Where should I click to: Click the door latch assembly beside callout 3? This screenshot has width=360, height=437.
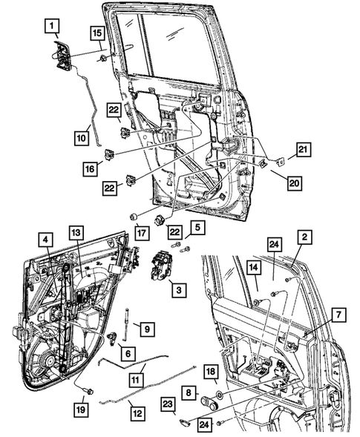(x=163, y=266)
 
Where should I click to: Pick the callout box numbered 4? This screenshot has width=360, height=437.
(x=45, y=239)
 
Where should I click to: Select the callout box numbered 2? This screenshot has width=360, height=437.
(x=303, y=237)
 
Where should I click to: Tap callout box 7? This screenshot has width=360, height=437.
(x=338, y=317)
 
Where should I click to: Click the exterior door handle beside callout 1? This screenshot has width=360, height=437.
(x=61, y=56)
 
